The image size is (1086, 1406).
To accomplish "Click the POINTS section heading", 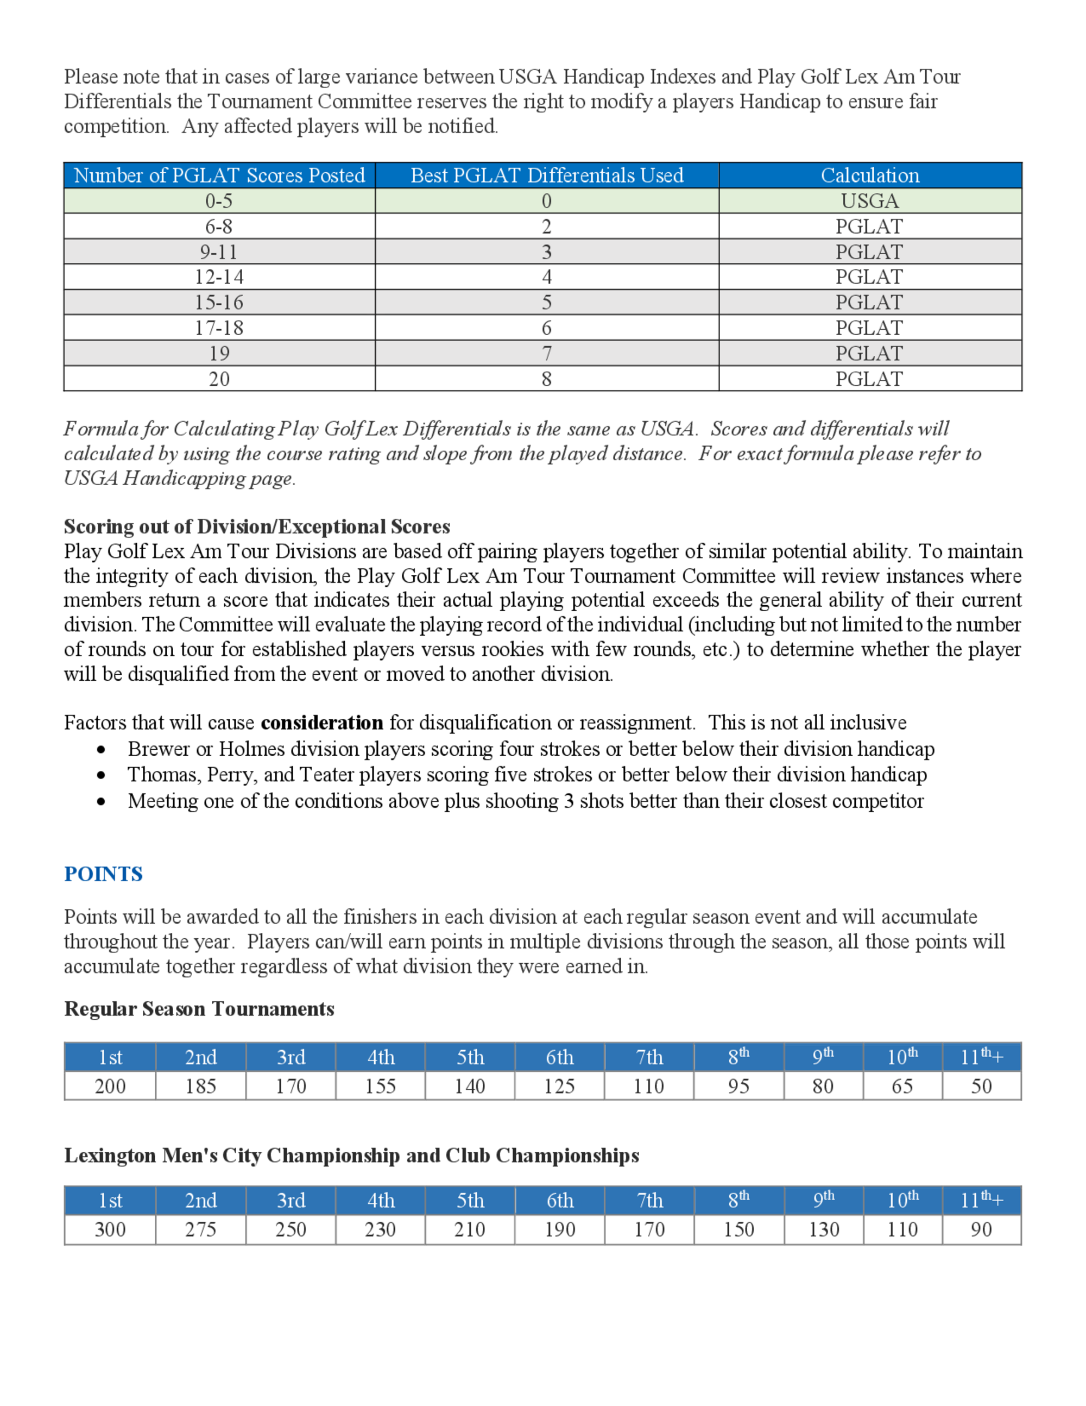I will [103, 874].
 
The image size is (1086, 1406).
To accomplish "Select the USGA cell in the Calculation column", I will [869, 201].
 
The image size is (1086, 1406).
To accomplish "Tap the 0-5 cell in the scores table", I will [219, 201].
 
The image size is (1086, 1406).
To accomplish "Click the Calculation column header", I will [869, 175].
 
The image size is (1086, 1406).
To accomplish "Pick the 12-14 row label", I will [219, 277].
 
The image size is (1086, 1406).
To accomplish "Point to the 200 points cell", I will [110, 1086].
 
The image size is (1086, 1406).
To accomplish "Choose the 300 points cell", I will [110, 1229].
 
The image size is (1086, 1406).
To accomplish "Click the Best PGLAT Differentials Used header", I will [546, 175].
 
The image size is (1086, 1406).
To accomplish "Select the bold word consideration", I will [321, 723].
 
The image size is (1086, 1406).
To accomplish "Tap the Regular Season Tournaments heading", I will [199, 1008].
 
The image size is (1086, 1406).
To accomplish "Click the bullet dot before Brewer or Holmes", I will [101, 750].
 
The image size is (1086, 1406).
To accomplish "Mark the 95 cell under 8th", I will [738, 1086].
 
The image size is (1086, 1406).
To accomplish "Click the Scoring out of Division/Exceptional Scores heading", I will [257, 526].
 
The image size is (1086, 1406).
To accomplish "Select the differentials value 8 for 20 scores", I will [546, 379].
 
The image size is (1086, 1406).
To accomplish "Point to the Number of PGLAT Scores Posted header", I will [219, 175].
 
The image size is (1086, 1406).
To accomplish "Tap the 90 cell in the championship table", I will [981, 1229].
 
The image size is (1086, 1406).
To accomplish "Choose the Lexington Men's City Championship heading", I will [351, 1155].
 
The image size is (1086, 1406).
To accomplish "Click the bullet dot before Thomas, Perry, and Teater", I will [101, 776].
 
